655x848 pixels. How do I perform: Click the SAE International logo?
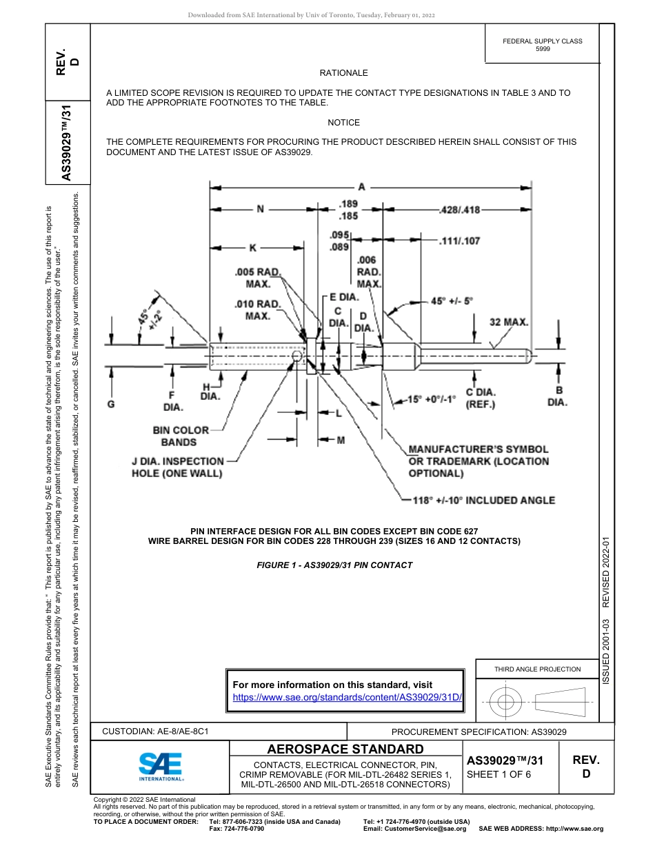160,766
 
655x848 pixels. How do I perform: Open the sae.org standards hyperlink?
347,697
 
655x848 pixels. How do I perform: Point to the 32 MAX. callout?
509,322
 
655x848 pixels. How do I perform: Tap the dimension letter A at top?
361,186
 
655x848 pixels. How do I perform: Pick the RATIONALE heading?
343,73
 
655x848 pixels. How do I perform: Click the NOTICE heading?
343,123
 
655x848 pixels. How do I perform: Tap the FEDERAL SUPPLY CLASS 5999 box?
542,45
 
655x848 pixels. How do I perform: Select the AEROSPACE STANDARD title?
345,749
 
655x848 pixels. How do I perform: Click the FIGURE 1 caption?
334,565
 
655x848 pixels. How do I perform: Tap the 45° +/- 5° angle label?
452,301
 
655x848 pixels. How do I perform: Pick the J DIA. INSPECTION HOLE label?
178,467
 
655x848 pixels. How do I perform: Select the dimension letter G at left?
110,404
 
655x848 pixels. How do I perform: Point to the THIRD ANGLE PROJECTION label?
537,669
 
